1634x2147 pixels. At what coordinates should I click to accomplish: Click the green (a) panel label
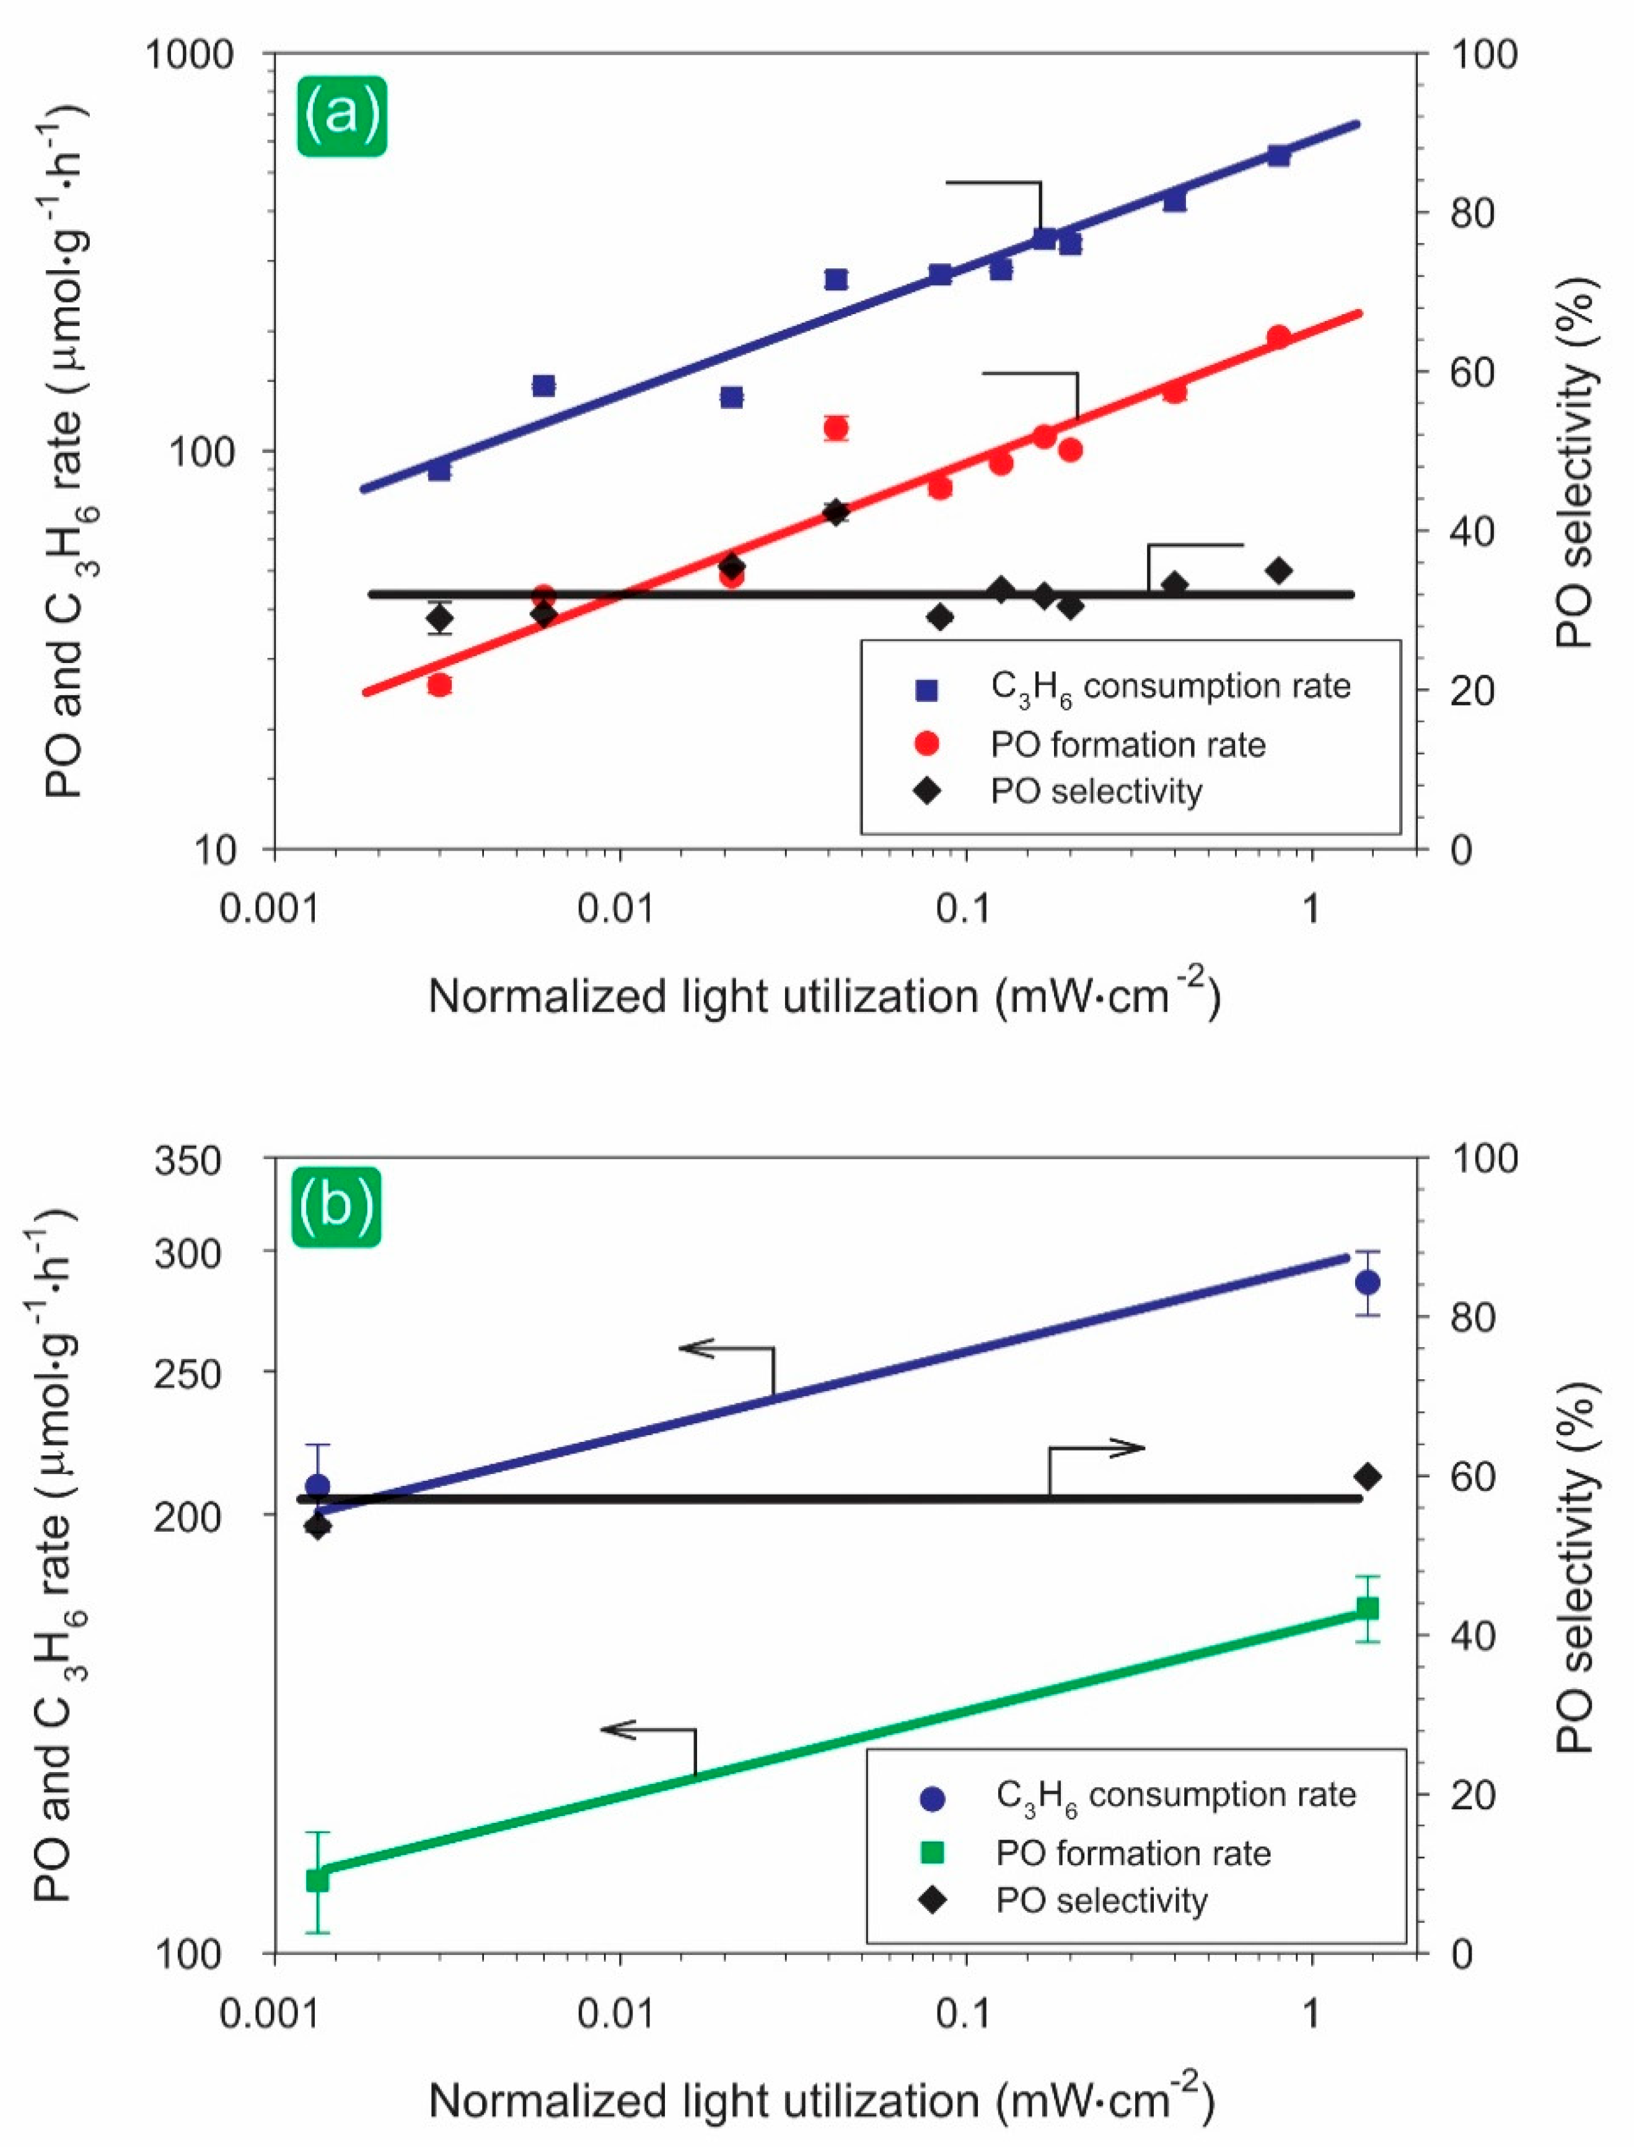(x=341, y=116)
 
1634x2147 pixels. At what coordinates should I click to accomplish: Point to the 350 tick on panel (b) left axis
(x=188, y=1160)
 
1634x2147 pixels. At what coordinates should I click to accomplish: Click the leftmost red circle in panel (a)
(x=439, y=685)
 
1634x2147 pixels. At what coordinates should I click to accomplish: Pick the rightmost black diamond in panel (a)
(x=1278, y=571)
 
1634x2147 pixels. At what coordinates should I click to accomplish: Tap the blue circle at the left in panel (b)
(x=318, y=1486)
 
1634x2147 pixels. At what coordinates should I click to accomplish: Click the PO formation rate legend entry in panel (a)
(x=1128, y=745)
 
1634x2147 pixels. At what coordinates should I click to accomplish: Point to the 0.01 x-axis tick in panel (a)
(x=620, y=908)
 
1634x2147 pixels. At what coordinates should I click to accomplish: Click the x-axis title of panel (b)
(x=822, y=2101)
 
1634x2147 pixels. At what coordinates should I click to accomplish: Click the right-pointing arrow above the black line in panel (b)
(x=1118, y=1449)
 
